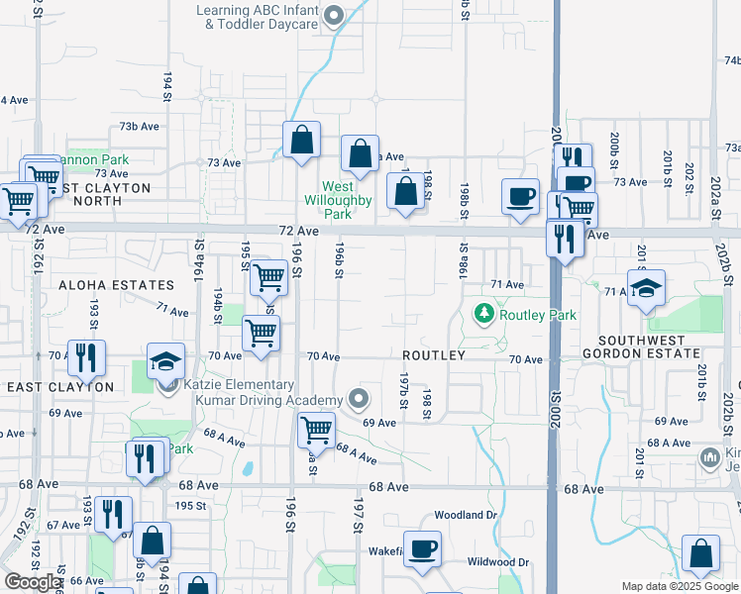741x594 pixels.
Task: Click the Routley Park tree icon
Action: tap(484, 315)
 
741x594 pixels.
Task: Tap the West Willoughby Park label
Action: tap(338, 200)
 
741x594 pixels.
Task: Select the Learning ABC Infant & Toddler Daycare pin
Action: tap(334, 16)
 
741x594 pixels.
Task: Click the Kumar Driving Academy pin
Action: tap(360, 400)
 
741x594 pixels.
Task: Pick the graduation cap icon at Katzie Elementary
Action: tap(166, 360)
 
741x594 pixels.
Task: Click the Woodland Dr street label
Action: tap(464, 516)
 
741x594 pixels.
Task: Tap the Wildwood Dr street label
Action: tap(497, 562)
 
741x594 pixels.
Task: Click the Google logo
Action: tap(33, 582)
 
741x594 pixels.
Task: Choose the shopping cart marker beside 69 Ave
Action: tap(316, 431)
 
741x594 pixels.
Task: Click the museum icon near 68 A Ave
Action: tap(709, 457)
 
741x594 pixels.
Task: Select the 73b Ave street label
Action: tap(140, 127)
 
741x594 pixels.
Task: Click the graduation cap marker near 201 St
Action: tap(646, 288)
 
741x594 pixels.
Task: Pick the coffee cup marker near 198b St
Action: tap(520, 195)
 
